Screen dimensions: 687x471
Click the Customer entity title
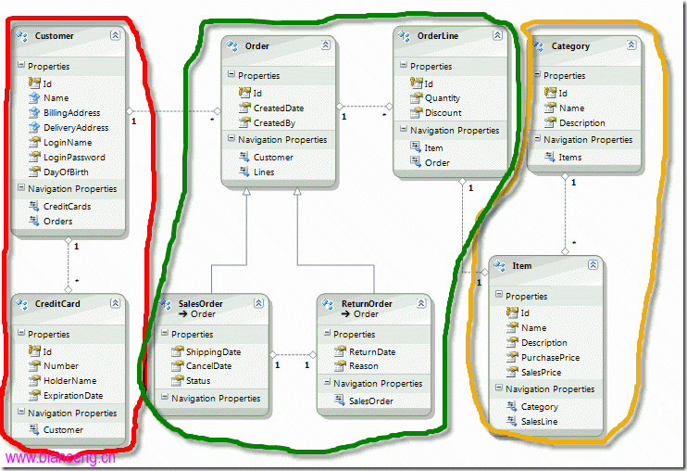(x=55, y=36)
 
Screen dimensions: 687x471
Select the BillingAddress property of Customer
(x=72, y=113)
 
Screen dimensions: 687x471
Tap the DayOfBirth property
(x=66, y=172)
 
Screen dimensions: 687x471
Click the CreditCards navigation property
(x=67, y=206)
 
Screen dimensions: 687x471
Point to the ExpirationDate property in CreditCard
(x=73, y=396)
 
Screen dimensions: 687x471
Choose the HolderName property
(x=70, y=381)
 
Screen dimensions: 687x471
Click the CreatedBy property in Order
(x=274, y=123)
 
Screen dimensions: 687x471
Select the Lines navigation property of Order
(x=264, y=172)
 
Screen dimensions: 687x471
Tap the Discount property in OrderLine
(x=443, y=113)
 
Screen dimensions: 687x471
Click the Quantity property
(x=442, y=98)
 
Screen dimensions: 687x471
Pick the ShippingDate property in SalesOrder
(x=213, y=351)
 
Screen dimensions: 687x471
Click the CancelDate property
(x=208, y=365)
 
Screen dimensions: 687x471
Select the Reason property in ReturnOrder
(x=363, y=365)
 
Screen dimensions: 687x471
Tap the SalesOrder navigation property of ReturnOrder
(x=371, y=401)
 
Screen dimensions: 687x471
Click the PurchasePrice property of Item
(x=550, y=357)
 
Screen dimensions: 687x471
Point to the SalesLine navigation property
(x=540, y=422)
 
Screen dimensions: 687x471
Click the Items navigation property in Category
(x=570, y=157)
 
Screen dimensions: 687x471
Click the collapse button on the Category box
(x=631, y=45)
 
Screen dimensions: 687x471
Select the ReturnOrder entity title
(x=367, y=303)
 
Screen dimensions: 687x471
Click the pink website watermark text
(x=60, y=458)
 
